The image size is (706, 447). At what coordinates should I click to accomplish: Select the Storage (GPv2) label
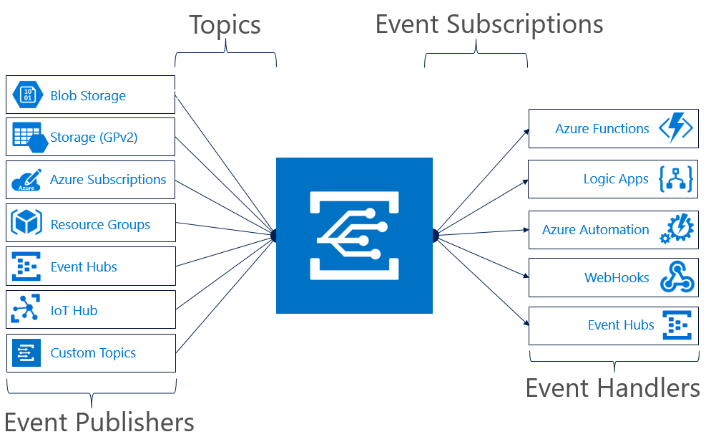94,138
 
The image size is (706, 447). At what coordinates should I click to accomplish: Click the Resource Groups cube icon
26,224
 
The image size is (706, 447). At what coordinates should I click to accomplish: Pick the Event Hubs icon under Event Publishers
26,267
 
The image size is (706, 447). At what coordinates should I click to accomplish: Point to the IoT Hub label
74,310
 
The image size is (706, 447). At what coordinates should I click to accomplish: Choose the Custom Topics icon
26,353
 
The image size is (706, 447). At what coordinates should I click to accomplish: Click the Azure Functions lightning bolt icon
675,129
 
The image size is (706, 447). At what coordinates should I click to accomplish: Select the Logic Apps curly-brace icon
675,179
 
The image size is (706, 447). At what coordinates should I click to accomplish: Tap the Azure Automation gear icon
676,229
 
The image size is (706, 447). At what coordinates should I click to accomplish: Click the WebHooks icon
677,277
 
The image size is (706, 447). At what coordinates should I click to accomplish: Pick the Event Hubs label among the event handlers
621,325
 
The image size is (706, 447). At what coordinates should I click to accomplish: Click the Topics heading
225,25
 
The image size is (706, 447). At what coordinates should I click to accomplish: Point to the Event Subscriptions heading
489,24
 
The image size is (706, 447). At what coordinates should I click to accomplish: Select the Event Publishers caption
99,422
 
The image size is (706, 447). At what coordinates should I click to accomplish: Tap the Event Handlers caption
612,388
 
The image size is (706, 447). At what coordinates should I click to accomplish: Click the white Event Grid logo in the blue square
353,235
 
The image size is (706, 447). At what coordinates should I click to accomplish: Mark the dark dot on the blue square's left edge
275,235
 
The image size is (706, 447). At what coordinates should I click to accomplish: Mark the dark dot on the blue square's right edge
433,235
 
